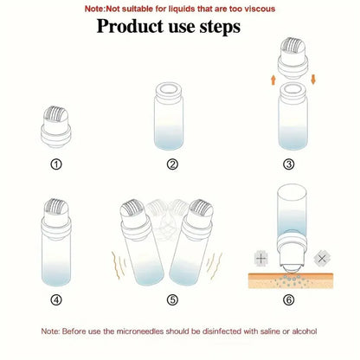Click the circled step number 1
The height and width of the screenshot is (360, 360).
coord(57,164)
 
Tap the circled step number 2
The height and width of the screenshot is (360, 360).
coord(172,164)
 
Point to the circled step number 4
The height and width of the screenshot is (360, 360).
coord(57,300)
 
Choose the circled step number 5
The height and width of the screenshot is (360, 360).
coord(172,300)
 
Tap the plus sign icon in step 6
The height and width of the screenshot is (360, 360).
coord(260,259)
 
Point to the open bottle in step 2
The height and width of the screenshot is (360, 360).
coord(172,117)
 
